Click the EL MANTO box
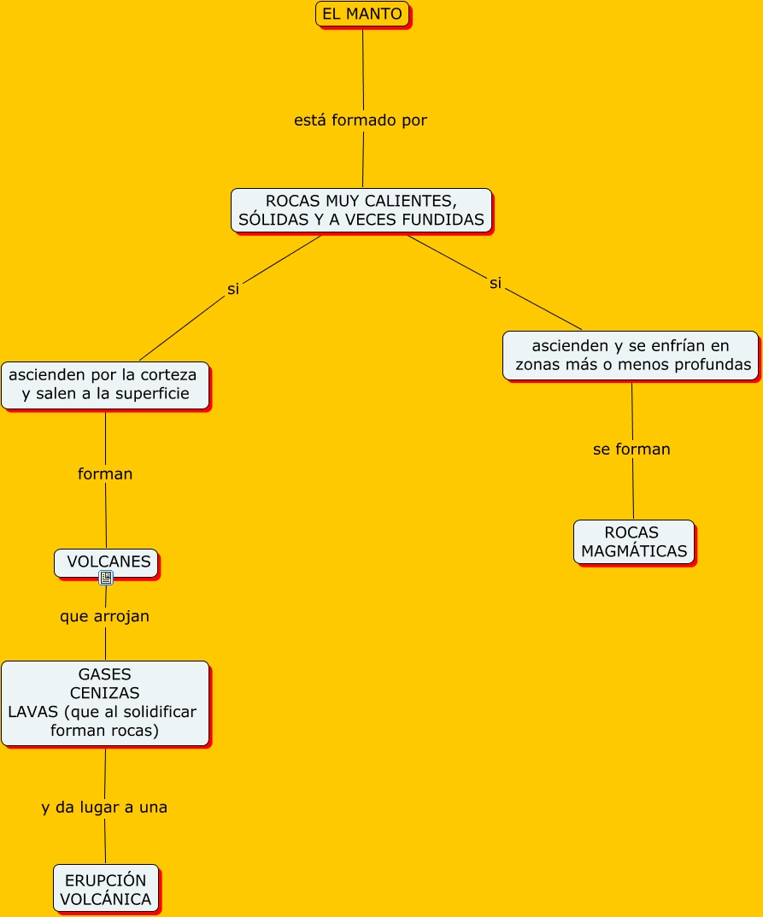[362, 14]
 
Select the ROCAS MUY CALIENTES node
[361, 210]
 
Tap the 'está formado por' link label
[361, 121]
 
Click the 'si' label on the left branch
[233, 289]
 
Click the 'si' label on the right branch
[496, 283]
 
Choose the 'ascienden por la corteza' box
[105, 385]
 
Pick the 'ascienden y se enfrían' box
[631, 356]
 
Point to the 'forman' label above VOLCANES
[105, 473]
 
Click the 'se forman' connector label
[631, 450]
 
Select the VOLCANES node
[107, 563]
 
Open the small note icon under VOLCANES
[106, 578]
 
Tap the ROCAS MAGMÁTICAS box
[634, 542]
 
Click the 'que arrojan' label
[104, 616]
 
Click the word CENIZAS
[104, 693]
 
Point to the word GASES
[104, 674]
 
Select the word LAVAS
[32, 712]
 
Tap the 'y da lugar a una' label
[104, 808]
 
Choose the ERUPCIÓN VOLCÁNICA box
[106, 889]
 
